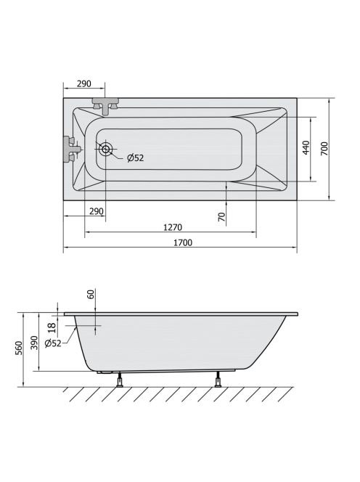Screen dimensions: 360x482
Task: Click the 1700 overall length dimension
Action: click(x=183, y=242)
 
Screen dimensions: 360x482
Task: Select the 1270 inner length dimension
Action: click(x=173, y=227)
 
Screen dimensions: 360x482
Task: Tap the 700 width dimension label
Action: click(x=324, y=149)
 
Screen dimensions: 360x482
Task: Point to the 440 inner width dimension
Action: click(x=306, y=148)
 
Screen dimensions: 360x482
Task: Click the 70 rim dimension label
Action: click(x=221, y=217)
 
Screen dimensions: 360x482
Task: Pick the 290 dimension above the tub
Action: click(x=84, y=83)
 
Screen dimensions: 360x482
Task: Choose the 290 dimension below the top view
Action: click(x=97, y=211)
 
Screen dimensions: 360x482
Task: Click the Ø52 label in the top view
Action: click(x=136, y=158)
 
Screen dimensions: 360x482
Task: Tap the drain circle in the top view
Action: click(x=105, y=150)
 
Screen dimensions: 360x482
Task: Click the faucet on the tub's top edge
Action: click(x=105, y=106)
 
